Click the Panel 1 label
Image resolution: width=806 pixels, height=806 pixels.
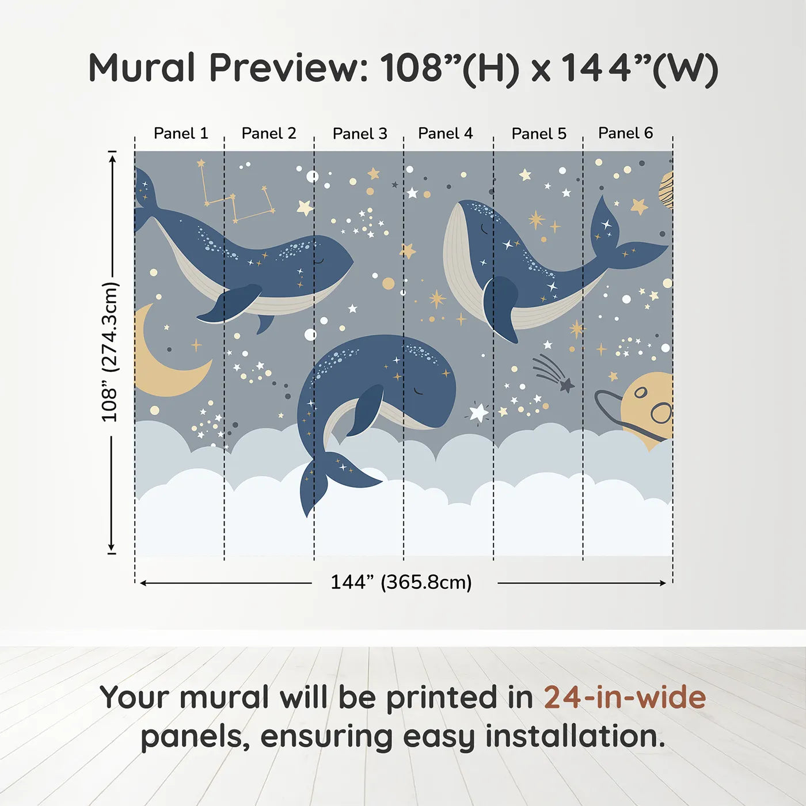pos(181,134)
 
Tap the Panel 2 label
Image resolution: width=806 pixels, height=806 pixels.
pos(269,134)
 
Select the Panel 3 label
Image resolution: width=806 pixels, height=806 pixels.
pos(360,134)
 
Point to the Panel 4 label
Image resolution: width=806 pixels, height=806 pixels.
pos(446,134)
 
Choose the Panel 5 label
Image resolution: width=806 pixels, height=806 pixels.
pos(539,134)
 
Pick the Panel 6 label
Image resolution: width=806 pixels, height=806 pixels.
pos(626,133)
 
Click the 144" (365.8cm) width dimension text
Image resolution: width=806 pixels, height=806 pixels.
pos(401,582)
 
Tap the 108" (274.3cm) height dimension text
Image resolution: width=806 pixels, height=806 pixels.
pos(109,352)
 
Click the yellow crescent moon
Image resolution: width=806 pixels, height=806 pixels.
pos(161,368)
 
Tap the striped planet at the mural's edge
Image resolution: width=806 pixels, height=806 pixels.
pos(666,190)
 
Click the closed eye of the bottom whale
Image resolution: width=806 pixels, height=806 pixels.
pos(419,391)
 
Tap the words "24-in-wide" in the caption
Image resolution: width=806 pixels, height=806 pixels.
pos(625,698)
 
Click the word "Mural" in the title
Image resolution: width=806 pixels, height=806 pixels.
pos(142,68)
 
